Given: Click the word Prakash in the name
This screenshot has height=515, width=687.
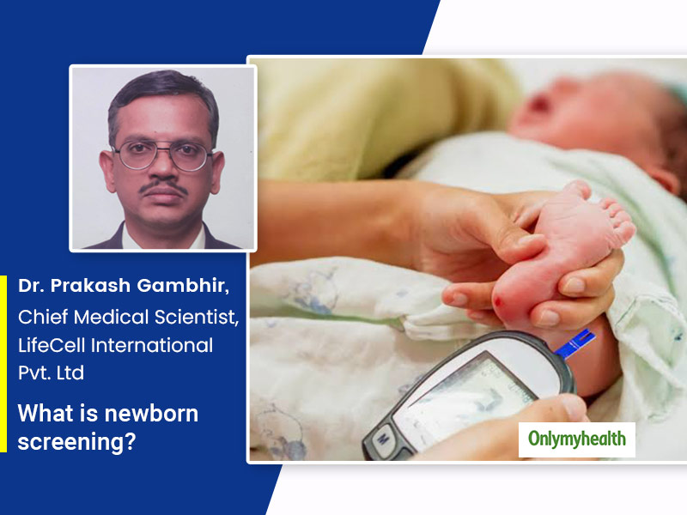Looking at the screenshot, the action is (x=90, y=286).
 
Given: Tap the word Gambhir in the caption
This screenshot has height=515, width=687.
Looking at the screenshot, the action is (x=183, y=286).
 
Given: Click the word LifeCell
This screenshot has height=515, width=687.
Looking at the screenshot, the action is (x=52, y=345).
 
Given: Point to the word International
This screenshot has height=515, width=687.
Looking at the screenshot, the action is (x=152, y=345).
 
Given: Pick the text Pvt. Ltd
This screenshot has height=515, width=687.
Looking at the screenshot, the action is (x=51, y=373).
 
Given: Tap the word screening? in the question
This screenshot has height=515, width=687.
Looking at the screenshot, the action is (x=76, y=441).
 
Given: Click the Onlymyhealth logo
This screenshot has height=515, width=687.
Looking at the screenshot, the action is (x=576, y=439).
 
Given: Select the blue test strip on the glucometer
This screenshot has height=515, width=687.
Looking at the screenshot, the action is (x=575, y=343).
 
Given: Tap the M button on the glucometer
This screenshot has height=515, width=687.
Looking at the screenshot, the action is (x=382, y=438).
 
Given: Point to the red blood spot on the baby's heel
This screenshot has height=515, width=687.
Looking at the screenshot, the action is (x=499, y=302).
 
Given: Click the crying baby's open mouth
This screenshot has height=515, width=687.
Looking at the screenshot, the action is (x=540, y=105).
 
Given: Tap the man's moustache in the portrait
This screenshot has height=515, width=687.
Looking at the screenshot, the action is (x=163, y=187).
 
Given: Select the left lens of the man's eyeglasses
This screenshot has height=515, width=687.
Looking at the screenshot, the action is (x=136, y=154).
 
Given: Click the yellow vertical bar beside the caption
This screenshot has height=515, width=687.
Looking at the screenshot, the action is (x=3, y=363).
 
